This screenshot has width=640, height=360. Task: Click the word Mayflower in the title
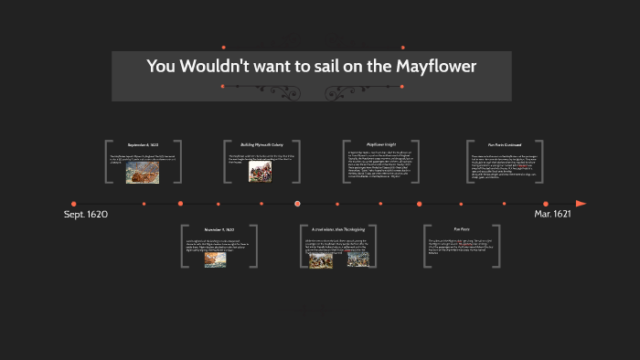pos(434,66)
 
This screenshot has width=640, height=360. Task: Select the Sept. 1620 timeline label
pos(86,214)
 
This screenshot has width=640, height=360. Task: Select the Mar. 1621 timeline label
pos(554,214)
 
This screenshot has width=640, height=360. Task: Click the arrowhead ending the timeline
pos(581,204)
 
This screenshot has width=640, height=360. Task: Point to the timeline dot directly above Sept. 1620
pos(74,204)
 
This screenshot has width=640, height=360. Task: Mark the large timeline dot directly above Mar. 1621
pos(546,204)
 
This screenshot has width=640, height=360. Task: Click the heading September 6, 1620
pos(144,144)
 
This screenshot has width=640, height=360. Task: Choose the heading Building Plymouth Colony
pos(261,144)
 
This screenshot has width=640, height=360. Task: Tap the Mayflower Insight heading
pos(381,144)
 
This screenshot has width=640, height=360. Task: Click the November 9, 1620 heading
pos(219,229)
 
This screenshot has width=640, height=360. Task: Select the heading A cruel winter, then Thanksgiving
pos(337,229)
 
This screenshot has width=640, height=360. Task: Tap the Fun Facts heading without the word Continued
pos(462,229)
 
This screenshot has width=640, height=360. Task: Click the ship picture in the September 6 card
pos(143,173)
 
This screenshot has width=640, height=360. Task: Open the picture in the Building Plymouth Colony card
pos(260,172)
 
